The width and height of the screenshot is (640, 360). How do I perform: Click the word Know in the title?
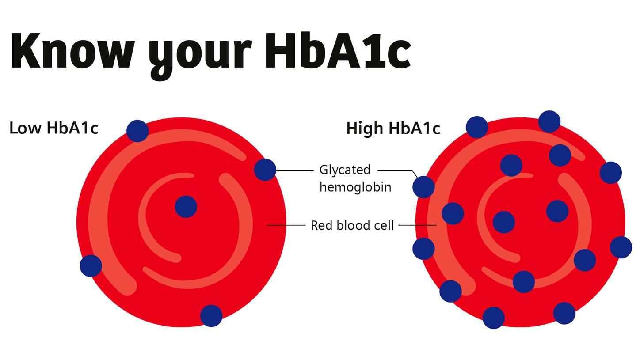pyautogui.click(x=73, y=50)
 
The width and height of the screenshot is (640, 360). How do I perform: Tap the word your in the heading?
pyautogui.click(x=200, y=56)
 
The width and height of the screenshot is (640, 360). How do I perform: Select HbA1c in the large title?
pyautogui.click(x=338, y=50)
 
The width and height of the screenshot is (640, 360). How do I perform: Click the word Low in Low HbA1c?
pyautogui.click(x=26, y=128)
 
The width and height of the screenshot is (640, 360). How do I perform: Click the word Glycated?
pyautogui.click(x=345, y=170)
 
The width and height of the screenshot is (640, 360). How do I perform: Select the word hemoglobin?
pyautogui.click(x=355, y=187)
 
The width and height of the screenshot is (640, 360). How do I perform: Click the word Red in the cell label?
pyautogui.click(x=321, y=226)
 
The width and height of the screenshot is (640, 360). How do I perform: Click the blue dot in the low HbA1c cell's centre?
pyautogui.click(x=186, y=207)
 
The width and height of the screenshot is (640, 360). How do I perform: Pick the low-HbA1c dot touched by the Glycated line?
pyautogui.click(x=265, y=170)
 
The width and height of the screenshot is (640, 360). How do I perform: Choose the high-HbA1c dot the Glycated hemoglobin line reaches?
pyautogui.click(x=424, y=187)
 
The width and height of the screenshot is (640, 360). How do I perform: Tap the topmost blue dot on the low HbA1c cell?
pyautogui.click(x=137, y=131)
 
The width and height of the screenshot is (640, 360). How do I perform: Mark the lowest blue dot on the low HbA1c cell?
pyautogui.click(x=211, y=316)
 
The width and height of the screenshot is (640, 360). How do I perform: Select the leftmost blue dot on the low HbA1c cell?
pyautogui.click(x=91, y=266)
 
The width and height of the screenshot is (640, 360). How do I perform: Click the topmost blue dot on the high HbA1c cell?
pyautogui.click(x=549, y=121)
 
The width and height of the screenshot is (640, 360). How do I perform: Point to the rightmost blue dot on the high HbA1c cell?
pyautogui.click(x=621, y=247)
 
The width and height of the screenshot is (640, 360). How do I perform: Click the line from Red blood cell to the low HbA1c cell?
pyautogui.click(x=286, y=225)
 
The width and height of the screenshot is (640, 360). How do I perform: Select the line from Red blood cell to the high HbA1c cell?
pyautogui.click(x=417, y=225)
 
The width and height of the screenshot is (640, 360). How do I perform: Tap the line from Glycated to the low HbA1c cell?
pyautogui.click(x=294, y=170)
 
